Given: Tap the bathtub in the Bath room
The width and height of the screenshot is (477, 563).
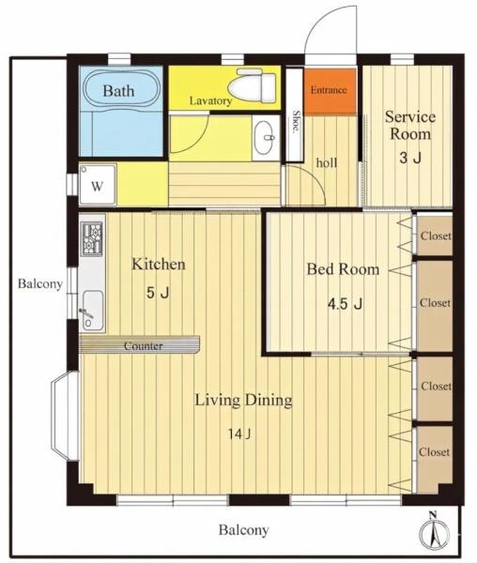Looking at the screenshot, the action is coord(121,90).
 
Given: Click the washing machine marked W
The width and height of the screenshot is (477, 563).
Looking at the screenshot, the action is coord(98,185).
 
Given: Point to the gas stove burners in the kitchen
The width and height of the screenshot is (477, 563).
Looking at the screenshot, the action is coord(92,238).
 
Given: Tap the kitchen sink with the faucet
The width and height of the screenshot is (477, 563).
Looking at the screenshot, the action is coord(92,310).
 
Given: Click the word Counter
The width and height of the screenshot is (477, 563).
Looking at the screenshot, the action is coord(144,345).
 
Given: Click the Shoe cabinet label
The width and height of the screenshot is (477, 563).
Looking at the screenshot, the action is coord(296,122).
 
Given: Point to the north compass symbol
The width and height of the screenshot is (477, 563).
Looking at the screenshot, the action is coord(435,532).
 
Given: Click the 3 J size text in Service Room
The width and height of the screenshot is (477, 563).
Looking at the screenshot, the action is coord(410,158).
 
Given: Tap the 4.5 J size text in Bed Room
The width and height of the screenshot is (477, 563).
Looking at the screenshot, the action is coord(345,304).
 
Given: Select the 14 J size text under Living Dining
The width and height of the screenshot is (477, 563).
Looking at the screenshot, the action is coord(238,434).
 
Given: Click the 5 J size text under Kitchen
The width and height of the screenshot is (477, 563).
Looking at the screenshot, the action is coord(158,293).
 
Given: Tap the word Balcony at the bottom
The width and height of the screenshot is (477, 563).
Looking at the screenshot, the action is coord(244,529).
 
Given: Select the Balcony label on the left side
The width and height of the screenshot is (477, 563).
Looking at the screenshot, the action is coord(40,283).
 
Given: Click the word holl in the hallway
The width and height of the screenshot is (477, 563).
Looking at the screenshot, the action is coord(327,162).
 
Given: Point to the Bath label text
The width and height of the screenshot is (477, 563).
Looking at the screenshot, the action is coord(118,90).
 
